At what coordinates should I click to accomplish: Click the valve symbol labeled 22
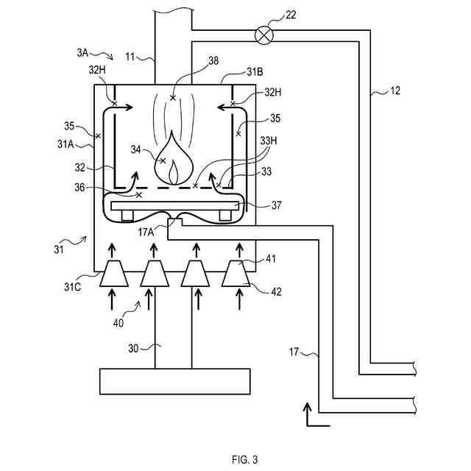[x=264, y=35]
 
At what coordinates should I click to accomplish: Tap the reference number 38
[x=213, y=60]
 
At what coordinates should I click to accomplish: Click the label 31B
[x=255, y=72]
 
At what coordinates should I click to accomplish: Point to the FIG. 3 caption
[x=244, y=459]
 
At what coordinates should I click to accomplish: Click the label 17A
[x=146, y=232]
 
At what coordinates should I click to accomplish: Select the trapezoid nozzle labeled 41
[x=235, y=273]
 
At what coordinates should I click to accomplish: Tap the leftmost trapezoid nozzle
[x=114, y=273]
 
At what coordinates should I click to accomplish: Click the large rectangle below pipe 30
[x=175, y=381]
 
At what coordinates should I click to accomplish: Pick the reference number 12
[x=395, y=91]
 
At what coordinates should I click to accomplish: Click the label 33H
[x=269, y=141]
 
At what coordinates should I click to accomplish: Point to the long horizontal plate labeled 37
[x=175, y=206]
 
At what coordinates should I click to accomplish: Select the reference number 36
[x=79, y=187]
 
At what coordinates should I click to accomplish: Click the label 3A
[x=82, y=52]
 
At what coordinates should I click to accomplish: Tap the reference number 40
[x=118, y=323]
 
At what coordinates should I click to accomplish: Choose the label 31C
[x=72, y=287]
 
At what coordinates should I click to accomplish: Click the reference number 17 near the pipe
[x=294, y=352]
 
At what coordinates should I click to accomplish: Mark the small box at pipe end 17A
[x=174, y=222]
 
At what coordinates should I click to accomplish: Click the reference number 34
[x=135, y=149]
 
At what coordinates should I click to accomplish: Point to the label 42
[x=277, y=291]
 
